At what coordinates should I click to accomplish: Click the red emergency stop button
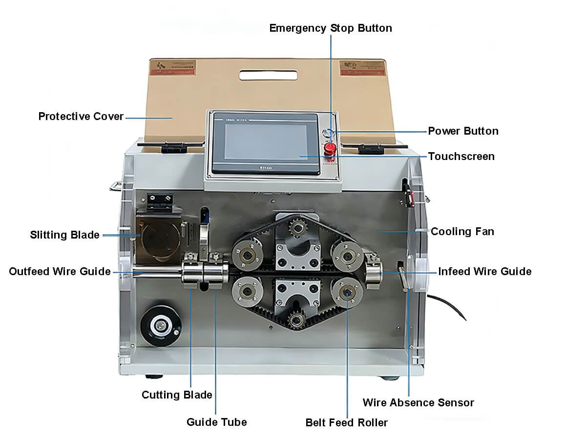click(x=331, y=147)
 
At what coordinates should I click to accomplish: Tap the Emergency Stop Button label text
click(x=331, y=28)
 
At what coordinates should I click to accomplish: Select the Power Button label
click(x=463, y=131)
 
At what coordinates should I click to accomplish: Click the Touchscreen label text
click(x=461, y=157)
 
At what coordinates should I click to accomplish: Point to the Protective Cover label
click(x=81, y=117)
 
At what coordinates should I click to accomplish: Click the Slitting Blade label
click(x=64, y=235)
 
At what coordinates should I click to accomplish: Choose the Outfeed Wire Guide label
click(x=60, y=271)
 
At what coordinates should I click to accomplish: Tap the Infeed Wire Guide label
click(x=484, y=271)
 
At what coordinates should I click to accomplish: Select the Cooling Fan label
click(x=462, y=231)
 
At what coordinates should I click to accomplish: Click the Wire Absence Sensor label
click(x=418, y=402)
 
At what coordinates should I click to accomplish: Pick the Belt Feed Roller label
click(x=346, y=422)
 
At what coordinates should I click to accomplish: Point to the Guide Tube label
click(x=216, y=422)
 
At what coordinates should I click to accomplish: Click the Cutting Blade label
click(x=177, y=395)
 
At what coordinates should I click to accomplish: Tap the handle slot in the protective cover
click(x=268, y=75)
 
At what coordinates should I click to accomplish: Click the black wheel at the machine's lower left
click(x=160, y=325)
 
